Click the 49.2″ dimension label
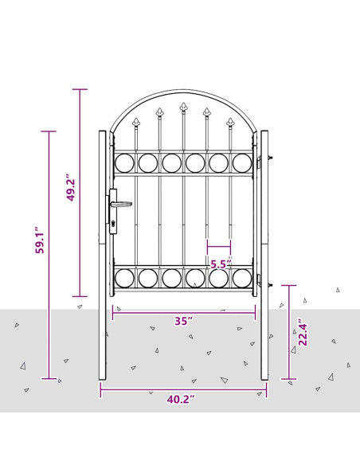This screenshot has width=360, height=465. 71,189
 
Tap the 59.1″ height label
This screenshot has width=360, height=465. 40,240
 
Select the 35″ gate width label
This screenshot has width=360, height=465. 184,322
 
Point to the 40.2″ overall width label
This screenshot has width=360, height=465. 182,399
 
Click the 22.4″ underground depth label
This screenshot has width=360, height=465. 303,333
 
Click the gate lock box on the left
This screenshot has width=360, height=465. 113,211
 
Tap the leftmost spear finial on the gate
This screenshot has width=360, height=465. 136,123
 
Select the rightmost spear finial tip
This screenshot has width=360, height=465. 231,122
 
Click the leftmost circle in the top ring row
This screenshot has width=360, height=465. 124,163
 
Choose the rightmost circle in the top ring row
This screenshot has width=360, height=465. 242,163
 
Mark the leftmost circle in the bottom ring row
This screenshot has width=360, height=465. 124,278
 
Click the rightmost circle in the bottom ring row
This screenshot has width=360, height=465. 242,278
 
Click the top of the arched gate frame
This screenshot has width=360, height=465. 183,91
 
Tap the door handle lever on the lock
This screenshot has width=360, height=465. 122,204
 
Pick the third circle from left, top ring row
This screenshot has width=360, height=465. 171,163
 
